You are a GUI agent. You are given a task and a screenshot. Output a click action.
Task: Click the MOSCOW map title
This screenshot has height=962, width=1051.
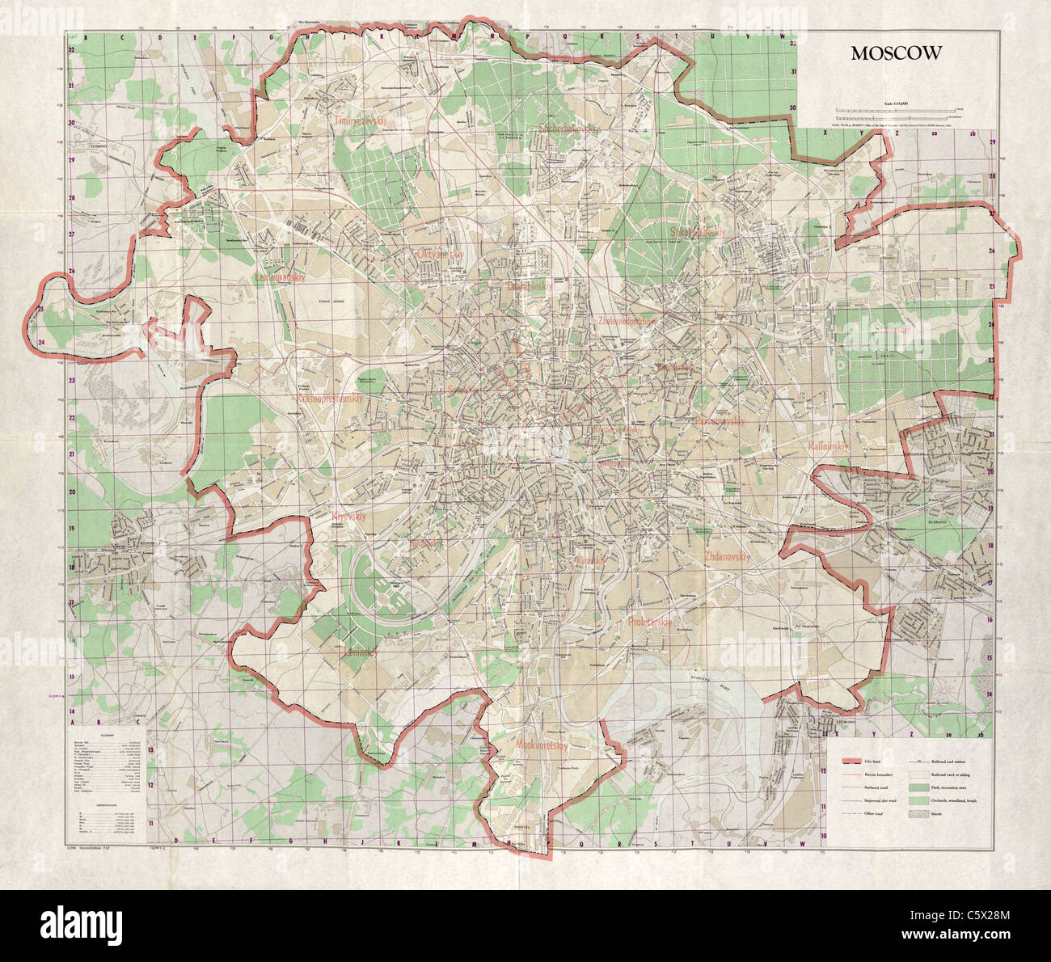tap(895, 53)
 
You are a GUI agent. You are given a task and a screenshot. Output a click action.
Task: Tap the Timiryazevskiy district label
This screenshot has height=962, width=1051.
tap(362, 120)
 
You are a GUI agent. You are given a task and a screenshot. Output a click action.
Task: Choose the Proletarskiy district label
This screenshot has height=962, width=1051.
tap(649, 622)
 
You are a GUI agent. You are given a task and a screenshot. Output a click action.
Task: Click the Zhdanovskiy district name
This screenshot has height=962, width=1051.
tap(728, 557)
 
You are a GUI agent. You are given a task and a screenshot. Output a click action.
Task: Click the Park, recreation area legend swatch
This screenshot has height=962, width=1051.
tap(919, 787)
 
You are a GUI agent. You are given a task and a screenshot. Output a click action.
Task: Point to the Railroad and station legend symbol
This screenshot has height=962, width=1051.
tap(919, 762)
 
